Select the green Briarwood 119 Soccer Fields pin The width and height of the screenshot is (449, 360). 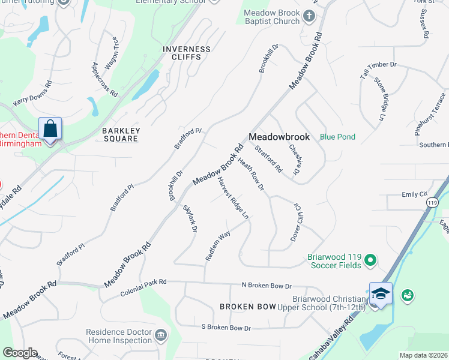point(370,260)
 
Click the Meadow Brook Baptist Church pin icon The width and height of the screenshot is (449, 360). point(309,16)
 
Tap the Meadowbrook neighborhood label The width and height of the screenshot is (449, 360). point(279,137)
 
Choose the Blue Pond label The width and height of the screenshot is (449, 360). point(337,137)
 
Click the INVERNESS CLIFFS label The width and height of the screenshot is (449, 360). point(187,53)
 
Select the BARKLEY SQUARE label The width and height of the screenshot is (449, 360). point(120,134)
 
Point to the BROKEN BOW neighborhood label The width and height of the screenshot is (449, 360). point(247,307)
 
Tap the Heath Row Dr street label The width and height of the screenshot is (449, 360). point(251,175)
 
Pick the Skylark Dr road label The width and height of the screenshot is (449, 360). point(190,218)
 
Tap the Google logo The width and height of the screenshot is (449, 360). point(20,353)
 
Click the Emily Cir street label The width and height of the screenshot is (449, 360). point(414,194)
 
